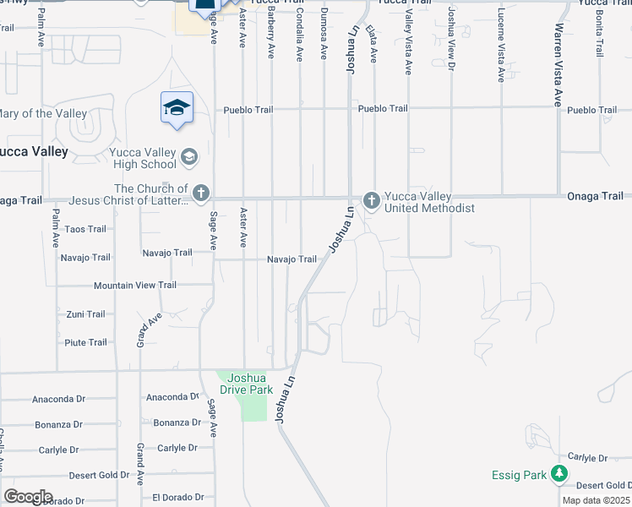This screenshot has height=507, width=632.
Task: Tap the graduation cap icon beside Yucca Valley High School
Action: [x=190, y=156]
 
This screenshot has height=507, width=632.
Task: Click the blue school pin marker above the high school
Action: [x=177, y=108]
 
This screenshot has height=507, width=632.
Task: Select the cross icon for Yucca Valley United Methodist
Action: [x=370, y=199]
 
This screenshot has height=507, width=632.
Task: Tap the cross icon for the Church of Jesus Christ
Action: [x=201, y=194]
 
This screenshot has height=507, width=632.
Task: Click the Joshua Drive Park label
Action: [x=246, y=384]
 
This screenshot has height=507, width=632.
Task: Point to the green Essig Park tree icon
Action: [x=558, y=475]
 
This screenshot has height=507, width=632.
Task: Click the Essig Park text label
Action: [x=520, y=476]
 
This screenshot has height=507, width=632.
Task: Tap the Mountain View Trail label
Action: [x=135, y=286]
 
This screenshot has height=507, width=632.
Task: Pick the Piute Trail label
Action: [x=85, y=342]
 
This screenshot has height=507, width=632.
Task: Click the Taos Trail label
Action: [x=85, y=229]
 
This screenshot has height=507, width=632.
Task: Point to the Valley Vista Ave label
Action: [x=408, y=49]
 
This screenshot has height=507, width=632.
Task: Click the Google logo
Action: [x=28, y=497]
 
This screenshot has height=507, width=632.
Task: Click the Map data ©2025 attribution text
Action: [x=596, y=500]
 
